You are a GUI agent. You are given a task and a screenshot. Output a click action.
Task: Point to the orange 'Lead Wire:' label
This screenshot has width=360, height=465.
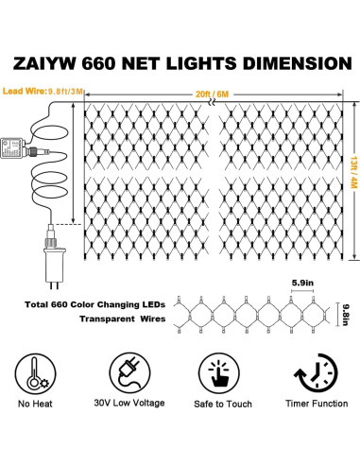click(23, 91)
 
